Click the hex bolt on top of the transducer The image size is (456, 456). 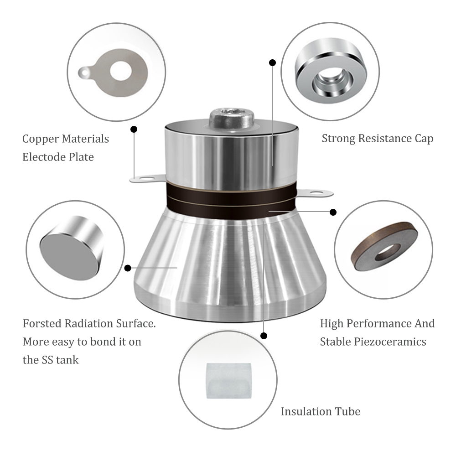(x=232, y=118)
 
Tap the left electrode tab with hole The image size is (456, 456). (x=147, y=178)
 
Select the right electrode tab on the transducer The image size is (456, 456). (x=314, y=192)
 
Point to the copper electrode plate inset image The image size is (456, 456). (x=114, y=73)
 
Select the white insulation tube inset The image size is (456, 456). (x=228, y=381)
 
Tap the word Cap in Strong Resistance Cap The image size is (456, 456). (x=424, y=139)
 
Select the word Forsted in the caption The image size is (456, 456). (x=42, y=323)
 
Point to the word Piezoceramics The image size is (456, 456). (x=390, y=342)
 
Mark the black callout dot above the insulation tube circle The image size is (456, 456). (x=264, y=336)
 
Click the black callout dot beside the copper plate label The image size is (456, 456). (x=134, y=129)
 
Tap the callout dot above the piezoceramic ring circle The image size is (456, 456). (x=333, y=212)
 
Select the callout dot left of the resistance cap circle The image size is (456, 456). (x=273, y=62)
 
